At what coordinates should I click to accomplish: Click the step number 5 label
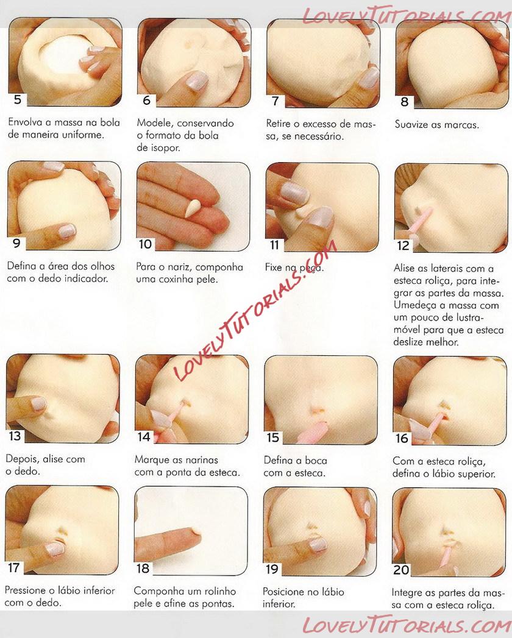[17, 99]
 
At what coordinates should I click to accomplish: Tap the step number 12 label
[403, 246]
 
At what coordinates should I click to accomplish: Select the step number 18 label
[143, 568]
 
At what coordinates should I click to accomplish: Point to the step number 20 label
[401, 569]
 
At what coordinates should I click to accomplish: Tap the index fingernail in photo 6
[197, 80]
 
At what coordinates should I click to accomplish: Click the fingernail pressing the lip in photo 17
[54, 548]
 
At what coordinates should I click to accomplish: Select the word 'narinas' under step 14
[200, 460]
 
